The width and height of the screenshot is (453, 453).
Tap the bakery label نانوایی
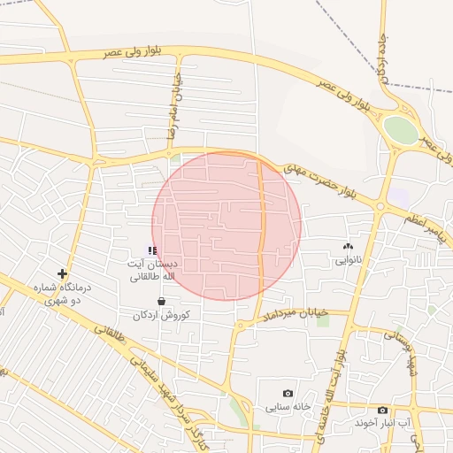(348, 261)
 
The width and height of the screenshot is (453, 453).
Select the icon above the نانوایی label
(347, 247)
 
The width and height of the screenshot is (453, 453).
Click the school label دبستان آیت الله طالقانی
(154, 271)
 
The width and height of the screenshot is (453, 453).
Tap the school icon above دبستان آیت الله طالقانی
(153, 251)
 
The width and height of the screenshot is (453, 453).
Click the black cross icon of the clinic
(62, 273)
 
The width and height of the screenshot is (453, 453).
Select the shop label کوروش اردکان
(161, 315)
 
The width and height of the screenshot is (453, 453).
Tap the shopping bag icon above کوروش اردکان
(160, 301)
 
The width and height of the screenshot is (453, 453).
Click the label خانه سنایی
(288, 407)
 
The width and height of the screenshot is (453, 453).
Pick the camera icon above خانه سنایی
(288, 393)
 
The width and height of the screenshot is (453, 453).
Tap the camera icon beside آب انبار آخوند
(382, 411)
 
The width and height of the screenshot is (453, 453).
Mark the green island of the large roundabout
(401, 131)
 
